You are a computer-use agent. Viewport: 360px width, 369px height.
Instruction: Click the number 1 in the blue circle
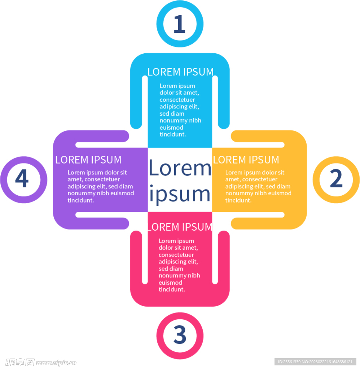(x=180, y=24)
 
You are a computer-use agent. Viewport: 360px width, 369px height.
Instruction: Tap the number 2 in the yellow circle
(x=336, y=178)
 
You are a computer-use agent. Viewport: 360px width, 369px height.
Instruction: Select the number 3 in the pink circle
(x=180, y=335)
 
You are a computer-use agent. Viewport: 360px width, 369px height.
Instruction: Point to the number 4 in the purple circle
(x=22, y=178)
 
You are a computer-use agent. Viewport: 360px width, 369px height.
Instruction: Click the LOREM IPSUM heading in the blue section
(x=180, y=72)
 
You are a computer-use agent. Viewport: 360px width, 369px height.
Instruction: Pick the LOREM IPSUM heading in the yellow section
(x=246, y=160)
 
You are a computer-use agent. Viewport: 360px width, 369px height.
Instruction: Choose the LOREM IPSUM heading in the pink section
(x=180, y=227)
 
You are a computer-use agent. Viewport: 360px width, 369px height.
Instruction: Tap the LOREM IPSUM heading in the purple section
(x=88, y=160)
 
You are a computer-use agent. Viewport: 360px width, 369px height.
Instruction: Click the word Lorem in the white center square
(x=180, y=168)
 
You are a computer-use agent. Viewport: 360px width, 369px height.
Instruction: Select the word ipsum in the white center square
(x=180, y=194)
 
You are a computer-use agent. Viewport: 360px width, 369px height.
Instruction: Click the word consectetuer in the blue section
(x=177, y=99)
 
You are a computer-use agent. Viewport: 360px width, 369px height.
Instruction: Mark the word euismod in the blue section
(x=171, y=128)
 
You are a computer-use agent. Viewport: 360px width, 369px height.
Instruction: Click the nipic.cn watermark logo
(x=41, y=363)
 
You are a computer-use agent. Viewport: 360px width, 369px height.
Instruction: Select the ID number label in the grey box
(x=315, y=362)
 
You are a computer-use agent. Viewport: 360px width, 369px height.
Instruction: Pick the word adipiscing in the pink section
(x=175, y=262)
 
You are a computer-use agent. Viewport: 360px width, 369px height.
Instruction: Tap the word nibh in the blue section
(x=195, y=120)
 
